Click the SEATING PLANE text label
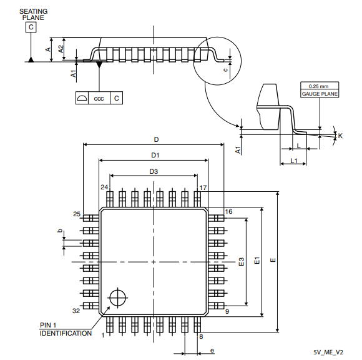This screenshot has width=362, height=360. tap(34, 14)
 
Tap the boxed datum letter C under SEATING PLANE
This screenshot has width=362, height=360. tap(31, 27)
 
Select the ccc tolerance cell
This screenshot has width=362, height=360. tap(99, 98)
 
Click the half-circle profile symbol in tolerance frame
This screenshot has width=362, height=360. tap(82, 98)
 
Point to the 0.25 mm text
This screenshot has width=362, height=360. tap(318, 86)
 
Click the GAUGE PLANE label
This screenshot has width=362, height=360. tap(320, 94)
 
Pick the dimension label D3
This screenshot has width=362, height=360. tap(154, 171)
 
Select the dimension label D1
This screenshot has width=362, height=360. tap(155, 155)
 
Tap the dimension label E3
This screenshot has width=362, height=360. tap(242, 262)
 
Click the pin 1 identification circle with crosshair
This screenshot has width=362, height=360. tap(118, 297)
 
